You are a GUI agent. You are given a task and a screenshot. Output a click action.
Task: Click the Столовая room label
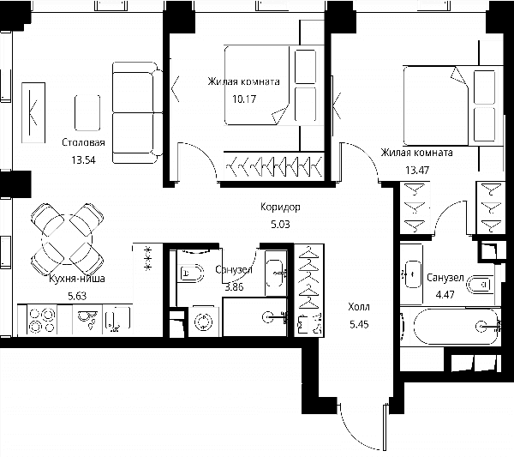[83, 142]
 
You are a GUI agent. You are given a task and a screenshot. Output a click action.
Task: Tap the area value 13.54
[84, 160]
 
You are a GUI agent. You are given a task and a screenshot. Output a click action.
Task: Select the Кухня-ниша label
[77, 279]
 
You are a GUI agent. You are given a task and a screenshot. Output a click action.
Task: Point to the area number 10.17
[244, 99]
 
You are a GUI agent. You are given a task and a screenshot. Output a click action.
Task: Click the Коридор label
[280, 207]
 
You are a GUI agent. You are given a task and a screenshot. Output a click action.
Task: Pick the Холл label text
[359, 307]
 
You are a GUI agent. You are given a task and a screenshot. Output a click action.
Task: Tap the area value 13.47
[417, 171]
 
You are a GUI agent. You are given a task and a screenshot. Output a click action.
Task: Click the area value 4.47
[445, 294]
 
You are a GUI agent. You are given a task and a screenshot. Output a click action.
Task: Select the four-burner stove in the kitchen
[42, 320]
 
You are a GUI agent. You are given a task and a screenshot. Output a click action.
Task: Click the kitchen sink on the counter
[117, 319]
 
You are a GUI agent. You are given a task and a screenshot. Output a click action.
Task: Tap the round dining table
[67, 239]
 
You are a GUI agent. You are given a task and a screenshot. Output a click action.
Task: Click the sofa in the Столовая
[137, 113]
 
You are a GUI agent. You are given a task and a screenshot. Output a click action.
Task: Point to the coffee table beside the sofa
[87, 113]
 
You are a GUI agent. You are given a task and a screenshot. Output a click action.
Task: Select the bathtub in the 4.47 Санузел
[456, 327]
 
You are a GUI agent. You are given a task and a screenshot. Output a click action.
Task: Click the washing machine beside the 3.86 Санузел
[204, 322]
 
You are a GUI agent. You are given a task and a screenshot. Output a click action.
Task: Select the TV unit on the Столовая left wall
[33, 113]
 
